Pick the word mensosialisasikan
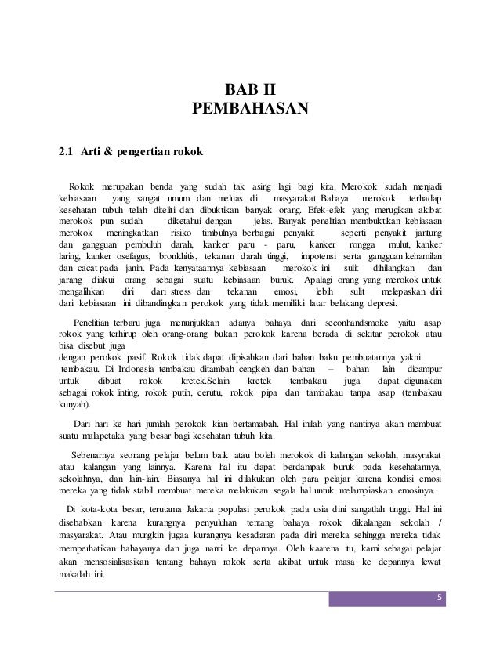pyautogui.click(x=125, y=562)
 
